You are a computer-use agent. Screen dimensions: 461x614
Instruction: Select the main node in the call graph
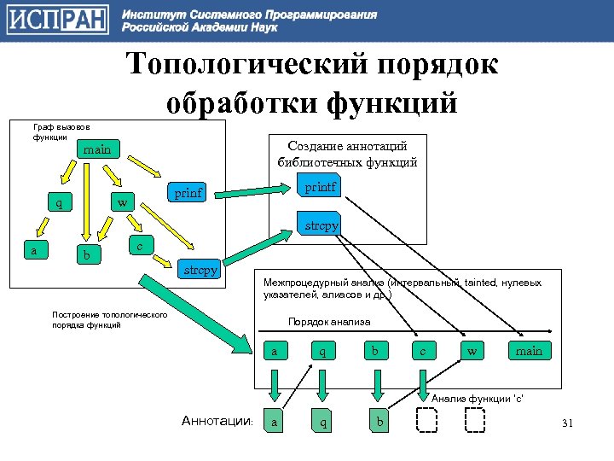(97, 149)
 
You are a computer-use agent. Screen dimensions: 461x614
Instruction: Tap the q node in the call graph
(59, 203)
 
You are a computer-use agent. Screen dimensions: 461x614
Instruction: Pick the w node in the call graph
(124, 203)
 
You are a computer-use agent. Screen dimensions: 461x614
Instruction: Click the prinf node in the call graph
(188, 193)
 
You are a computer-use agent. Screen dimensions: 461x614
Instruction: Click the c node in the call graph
(141, 245)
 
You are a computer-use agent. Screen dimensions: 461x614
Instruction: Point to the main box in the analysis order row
(530, 351)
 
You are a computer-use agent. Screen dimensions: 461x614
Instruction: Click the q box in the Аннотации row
(321, 421)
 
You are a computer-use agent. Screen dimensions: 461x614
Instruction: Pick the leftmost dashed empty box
(426, 421)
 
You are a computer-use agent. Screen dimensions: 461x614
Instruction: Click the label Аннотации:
(217, 421)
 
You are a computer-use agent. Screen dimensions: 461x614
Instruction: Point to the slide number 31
(569, 424)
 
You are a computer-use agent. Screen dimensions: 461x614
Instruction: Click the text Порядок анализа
(329, 322)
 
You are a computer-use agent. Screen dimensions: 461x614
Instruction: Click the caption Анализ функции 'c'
(478, 399)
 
